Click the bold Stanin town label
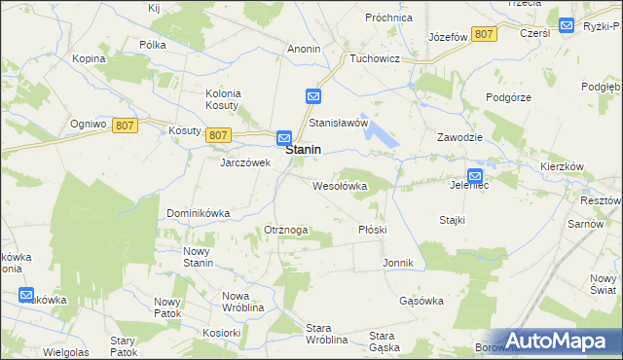305,152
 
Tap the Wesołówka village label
340,185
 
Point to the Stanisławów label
338,124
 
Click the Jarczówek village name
244,162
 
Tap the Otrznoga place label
286,230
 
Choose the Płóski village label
373,230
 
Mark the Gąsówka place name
421,301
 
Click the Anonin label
305,48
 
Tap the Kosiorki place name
222,332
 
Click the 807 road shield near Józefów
484,34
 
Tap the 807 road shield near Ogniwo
124,125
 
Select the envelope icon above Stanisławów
312,96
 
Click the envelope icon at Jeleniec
474,174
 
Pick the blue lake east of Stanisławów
385,136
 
